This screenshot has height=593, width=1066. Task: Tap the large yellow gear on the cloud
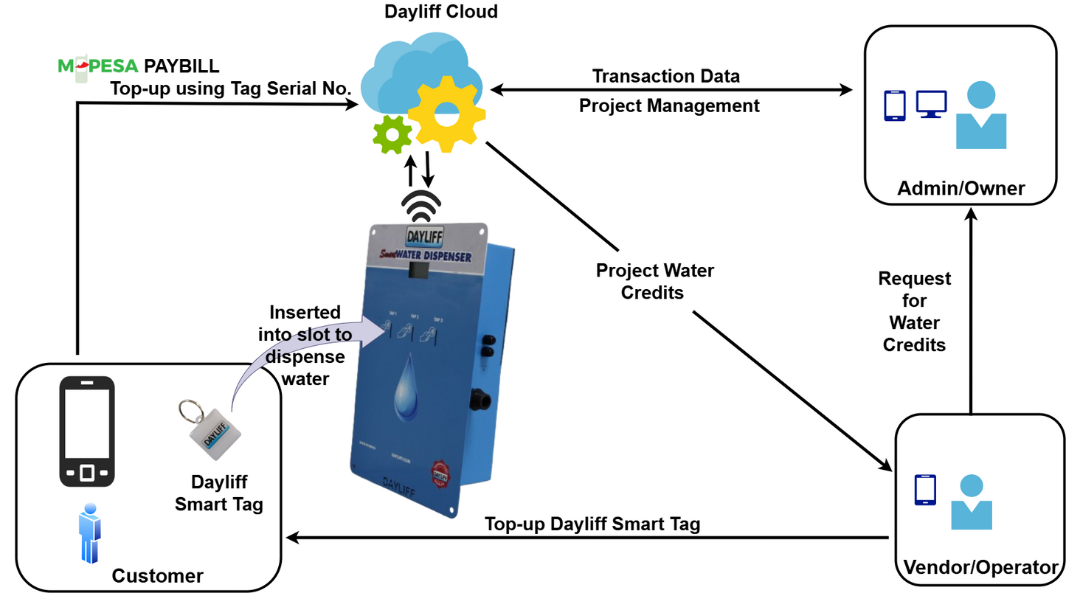(x=446, y=114)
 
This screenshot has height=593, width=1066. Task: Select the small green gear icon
(x=392, y=134)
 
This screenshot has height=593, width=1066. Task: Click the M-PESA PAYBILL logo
(x=139, y=66)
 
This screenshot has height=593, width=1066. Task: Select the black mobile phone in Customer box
(x=87, y=431)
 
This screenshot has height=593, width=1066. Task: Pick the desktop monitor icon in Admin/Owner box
(x=931, y=104)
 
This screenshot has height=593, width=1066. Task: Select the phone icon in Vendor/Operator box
(x=925, y=490)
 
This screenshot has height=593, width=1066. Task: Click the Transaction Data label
(x=665, y=76)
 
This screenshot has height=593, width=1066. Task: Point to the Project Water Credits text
(x=654, y=281)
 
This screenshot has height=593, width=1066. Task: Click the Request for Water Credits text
(x=914, y=311)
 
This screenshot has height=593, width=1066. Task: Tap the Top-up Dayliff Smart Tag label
(x=592, y=524)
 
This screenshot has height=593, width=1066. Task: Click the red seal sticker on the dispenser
(x=440, y=471)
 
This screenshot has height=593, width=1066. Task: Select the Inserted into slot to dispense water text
(x=304, y=345)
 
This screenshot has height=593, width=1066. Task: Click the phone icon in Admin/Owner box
(x=894, y=105)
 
